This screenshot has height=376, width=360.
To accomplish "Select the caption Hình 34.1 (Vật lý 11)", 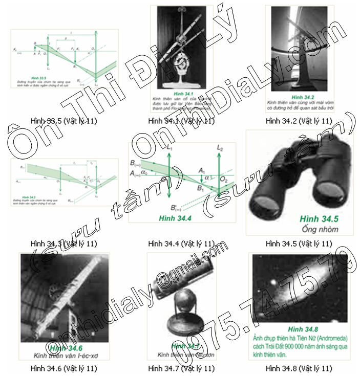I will tap(181, 121).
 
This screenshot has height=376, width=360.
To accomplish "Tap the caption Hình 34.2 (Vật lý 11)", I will tap(300, 121).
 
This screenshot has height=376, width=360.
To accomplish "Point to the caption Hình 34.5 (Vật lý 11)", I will tap(300, 243).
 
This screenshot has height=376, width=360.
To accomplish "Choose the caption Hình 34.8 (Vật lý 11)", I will tap(300, 368).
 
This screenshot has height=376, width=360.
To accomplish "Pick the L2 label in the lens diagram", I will tap(220, 148).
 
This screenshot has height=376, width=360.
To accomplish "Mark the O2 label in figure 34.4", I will tap(226, 180).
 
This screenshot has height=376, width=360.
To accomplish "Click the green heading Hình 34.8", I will tap(300, 329).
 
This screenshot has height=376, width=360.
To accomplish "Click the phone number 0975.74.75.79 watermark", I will tap(256, 312).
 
